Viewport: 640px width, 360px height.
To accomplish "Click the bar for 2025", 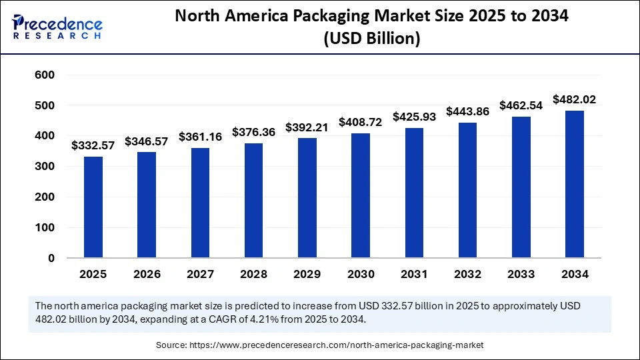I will tap(93, 207).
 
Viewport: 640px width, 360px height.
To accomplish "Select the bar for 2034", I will tap(575, 184).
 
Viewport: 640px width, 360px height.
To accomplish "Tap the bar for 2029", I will tap(307, 198).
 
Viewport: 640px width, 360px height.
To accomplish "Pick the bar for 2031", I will tap(414, 193).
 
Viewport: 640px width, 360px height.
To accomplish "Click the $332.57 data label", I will tap(93, 145).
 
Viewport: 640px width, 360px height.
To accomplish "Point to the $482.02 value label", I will tap(575, 99).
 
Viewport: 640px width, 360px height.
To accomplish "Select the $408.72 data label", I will tap(361, 122).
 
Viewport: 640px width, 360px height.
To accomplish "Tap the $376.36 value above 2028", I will tap(254, 132).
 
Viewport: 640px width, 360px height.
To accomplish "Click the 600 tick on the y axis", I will tap(45, 75).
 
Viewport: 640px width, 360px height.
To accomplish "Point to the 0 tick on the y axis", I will tap(51, 258).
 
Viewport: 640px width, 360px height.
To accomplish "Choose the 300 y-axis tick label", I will tap(45, 167).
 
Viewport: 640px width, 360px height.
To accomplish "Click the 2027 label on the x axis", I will tap(200, 274).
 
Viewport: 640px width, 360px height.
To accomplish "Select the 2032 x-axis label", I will tap(467, 274).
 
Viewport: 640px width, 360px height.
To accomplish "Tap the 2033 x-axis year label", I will tap(521, 274).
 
